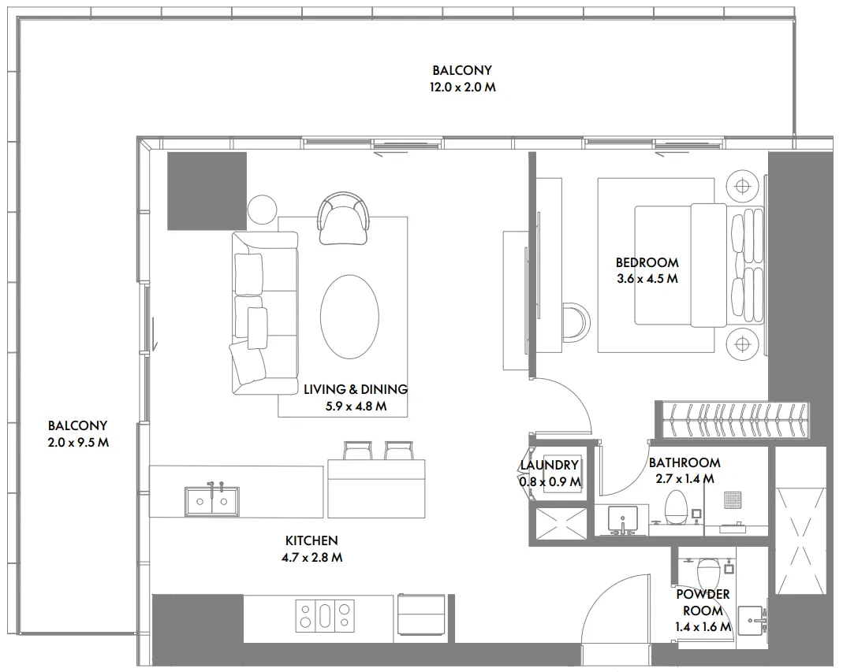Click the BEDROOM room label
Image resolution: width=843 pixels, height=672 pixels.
click(647, 262)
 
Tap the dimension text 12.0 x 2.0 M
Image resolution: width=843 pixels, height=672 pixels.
click(462, 87)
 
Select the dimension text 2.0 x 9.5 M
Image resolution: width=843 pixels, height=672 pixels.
click(77, 443)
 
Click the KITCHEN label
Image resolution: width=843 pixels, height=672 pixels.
click(311, 540)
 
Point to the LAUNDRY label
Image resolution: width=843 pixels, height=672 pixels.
click(550, 466)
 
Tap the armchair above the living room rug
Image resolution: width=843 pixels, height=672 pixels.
click(343, 217)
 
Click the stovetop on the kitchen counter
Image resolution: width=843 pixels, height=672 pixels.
click(325, 614)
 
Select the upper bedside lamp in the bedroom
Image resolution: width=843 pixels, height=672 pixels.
click(741, 186)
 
